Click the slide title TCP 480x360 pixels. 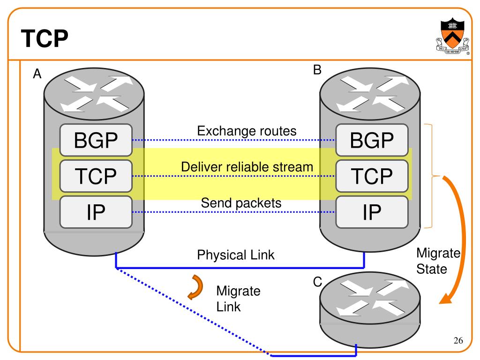(x=45, y=38)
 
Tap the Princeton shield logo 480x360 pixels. (x=452, y=36)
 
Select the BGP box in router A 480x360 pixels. (x=96, y=140)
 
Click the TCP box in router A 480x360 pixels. (x=96, y=176)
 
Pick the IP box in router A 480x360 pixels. (x=96, y=212)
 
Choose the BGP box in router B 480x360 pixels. (x=372, y=140)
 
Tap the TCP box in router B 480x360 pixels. (x=372, y=176)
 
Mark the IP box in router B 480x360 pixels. (x=372, y=212)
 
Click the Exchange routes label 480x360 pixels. (x=247, y=131)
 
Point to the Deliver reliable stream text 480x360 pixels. (x=247, y=167)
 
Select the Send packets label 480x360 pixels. (x=241, y=203)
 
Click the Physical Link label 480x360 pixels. (x=236, y=255)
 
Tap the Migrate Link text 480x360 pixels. (x=238, y=299)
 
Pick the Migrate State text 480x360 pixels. (x=438, y=261)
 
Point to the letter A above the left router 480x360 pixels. (x=37, y=74)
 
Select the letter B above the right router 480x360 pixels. (x=317, y=70)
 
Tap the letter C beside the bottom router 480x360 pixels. (x=318, y=282)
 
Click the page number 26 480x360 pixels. (x=458, y=340)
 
